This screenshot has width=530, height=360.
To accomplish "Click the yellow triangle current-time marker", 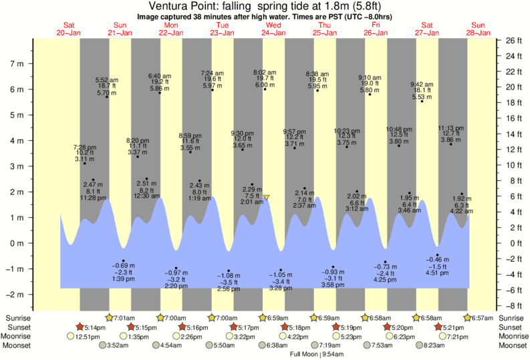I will pyautogui.click(x=266, y=198).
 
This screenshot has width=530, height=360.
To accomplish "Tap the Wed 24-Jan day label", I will pyautogui.click(x=273, y=29).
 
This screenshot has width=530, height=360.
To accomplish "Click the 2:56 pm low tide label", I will pyautogui.click(x=228, y=289).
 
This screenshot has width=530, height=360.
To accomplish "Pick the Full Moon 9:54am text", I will pyautogui.click(x=316, y=354).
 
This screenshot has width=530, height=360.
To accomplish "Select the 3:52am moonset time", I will pyautogui.click(x=118, y=345).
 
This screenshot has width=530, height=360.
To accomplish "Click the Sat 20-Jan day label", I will pyautogui.click(x=68, y=29).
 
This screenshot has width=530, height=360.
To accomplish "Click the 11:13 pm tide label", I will pyautogui.click(x=451, y=128).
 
